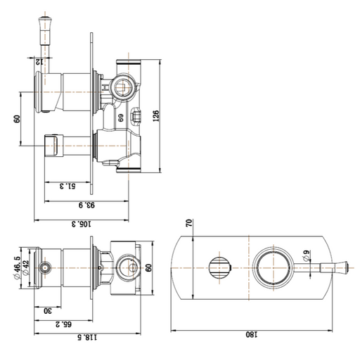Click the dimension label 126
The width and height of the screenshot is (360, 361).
pyautogui.click(x=156, y=115)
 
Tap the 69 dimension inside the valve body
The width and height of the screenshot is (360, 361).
pyautogui.click(x=121, y=118)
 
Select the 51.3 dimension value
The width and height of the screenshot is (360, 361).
pyautogui.click(x=67, y=186)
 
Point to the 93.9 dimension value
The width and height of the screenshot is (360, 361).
pyautogui.click(x=86, y=205)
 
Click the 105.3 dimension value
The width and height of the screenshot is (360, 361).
pyautogui.click(x=82, y=224)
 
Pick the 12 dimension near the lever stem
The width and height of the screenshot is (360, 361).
pyautogui.click(x=39, y=62)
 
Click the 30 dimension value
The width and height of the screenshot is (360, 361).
pyautogui.click(x=48, y=311)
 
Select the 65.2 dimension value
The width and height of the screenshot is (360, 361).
pyautogui.click(x=63, y=324)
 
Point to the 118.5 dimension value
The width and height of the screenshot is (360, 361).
pyautogui.click(x=87, y=338)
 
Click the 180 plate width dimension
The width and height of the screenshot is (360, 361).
pyautogui.click(x=252, y=334)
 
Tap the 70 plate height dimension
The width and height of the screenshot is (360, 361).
pyautogui.click(x=189, y=222)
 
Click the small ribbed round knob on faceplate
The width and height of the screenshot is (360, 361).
pyautogui.click(x=219, y=267)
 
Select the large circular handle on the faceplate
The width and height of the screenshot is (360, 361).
pyautogui.click(x=274, y=267)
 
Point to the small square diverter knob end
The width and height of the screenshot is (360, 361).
pyautogui.click(x=51, y=146)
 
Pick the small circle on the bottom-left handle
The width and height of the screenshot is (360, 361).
pyautogui.click(x=45, y=267)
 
